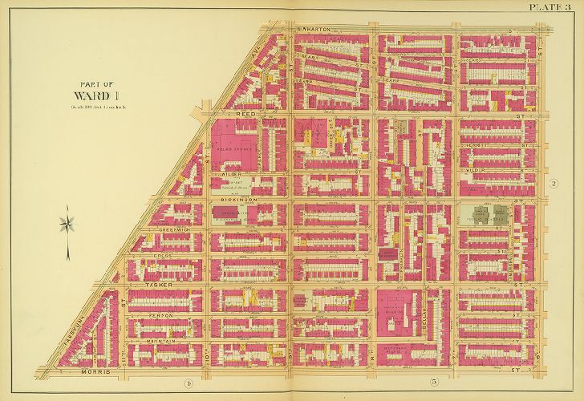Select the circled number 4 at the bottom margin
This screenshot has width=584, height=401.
[x=185, y=382]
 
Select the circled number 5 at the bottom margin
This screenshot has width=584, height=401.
[x=410, y=382]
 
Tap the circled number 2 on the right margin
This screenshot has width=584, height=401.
[x=553, y=184]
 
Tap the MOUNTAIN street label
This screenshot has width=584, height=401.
[x=164, y=341]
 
